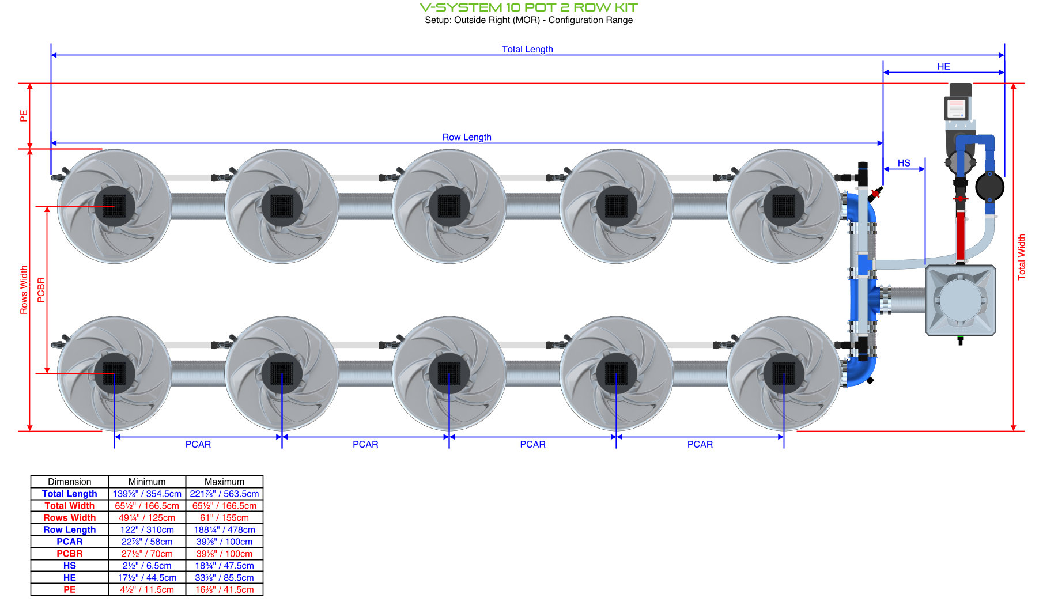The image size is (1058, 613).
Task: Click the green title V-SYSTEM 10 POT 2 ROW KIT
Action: pyautogui.click(x=528, y=7)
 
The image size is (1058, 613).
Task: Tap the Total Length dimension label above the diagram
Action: pyautogui.click(x=527, y=50)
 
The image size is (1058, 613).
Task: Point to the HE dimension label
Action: pyautogui.click(x=943, y=67)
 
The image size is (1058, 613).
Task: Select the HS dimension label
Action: pyautogui.click(x=904, y=163)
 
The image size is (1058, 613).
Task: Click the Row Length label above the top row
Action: pyautogui.click(x=467, y=137)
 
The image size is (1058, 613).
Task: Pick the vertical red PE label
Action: pyautogui.click(x=24, y=116)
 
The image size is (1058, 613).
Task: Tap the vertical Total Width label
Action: pyautogui.click(x=1022, y=257)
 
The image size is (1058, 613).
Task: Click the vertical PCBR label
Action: pyautogui.click(x=41, y=290)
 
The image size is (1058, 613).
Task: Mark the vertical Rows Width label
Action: pyautogui.click(x=24, y=290)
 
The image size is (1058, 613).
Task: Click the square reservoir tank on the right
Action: pyautogui.click(x=961, y=300)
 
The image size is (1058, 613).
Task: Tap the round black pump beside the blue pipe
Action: pyautogui.click(x=989, y=187)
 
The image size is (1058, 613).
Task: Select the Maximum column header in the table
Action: pyautogui.click(x=224, y=482)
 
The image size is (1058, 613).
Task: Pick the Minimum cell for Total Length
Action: pyautogui.click(x=147, y=494)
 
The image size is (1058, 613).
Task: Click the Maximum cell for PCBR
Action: pyautogui.click(x=224, y=554)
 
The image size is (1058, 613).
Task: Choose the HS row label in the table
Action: pyautogui.click(x=70, y=566)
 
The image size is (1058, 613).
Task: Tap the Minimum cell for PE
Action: pyautogui.click(x=147, y=589)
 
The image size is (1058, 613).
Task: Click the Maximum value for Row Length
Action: pyautogui.click(x=224, y=529)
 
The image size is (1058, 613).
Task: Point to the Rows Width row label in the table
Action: pyautogui.click(x=70, y=518)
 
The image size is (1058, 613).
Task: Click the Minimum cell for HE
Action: pyautogui.click(x=147, y=577)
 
